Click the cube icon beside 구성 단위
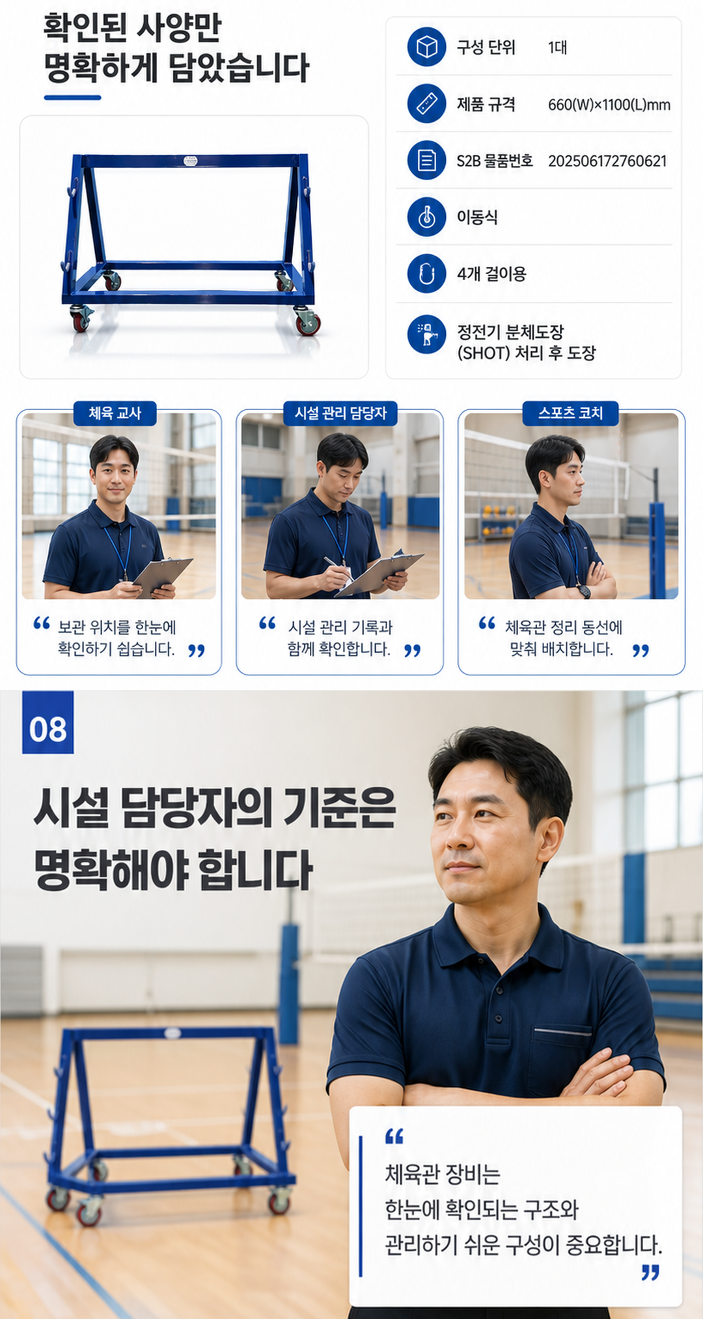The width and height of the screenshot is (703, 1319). (426, 47)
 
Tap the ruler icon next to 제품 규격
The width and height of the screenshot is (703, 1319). (426, 103)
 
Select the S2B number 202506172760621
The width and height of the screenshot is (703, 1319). (607, 161)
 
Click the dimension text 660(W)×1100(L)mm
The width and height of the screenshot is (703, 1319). (609, 105)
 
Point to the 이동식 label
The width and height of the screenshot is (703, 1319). (477, 217)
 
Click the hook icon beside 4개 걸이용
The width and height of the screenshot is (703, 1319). (426, 273)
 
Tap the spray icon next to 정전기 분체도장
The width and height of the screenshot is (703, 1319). (426, 334)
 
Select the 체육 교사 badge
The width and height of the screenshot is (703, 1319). (115, 413)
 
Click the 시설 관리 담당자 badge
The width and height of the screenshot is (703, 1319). (340, 413)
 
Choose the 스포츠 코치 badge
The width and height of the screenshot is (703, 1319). (570, 413)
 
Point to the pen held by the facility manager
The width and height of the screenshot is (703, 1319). (338, 568)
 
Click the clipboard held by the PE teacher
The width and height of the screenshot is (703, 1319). (163, 577)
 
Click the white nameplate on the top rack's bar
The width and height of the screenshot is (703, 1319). (190, 161)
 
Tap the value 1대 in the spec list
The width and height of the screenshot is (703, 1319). (557, 48)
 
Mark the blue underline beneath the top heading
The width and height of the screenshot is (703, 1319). (72, 98)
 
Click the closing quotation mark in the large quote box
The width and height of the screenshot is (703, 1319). (650, 1272)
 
